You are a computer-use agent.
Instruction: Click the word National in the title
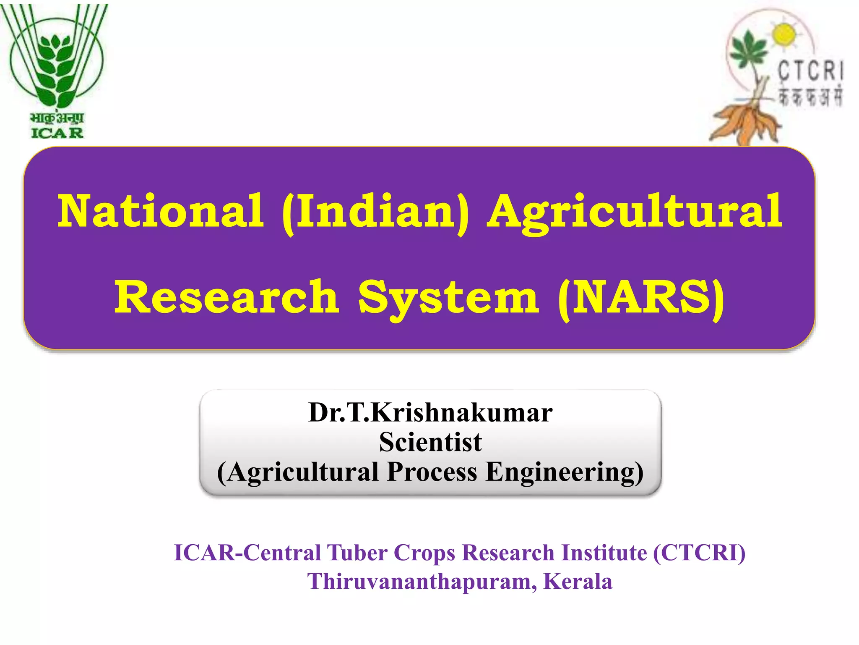tap(161, 211)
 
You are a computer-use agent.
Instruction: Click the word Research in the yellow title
tap(226, 297)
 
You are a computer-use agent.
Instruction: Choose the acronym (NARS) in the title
tap(641, 297)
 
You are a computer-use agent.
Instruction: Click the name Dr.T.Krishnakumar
tap(430, 412)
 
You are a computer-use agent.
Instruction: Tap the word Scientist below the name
tap(430, 442)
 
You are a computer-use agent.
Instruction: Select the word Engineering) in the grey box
tap(565, 472)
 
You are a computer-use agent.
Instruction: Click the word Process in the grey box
tap(432, 472)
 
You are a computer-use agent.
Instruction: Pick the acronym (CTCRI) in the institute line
tap(699, 553)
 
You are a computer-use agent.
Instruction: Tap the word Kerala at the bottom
tap(578, 582)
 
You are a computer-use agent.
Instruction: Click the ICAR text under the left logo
tap(57, 133)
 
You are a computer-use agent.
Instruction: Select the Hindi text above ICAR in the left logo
tap(57, 118)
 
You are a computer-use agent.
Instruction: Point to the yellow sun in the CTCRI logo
tap(784, 35)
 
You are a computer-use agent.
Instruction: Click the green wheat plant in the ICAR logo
tap(57, 67)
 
